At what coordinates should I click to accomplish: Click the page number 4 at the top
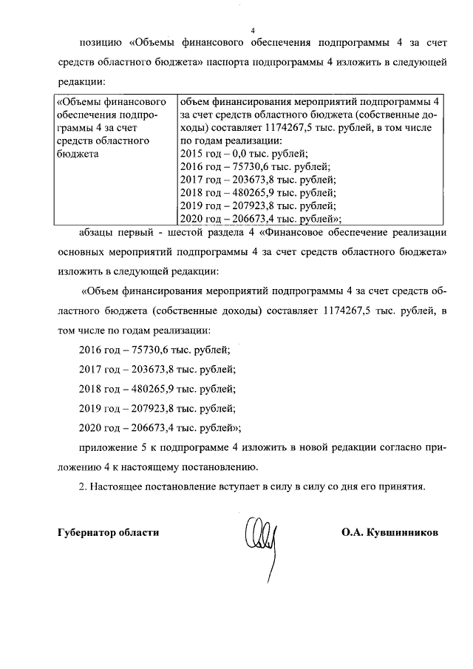click(252, 30)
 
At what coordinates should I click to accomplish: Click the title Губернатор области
click(108, 532)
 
